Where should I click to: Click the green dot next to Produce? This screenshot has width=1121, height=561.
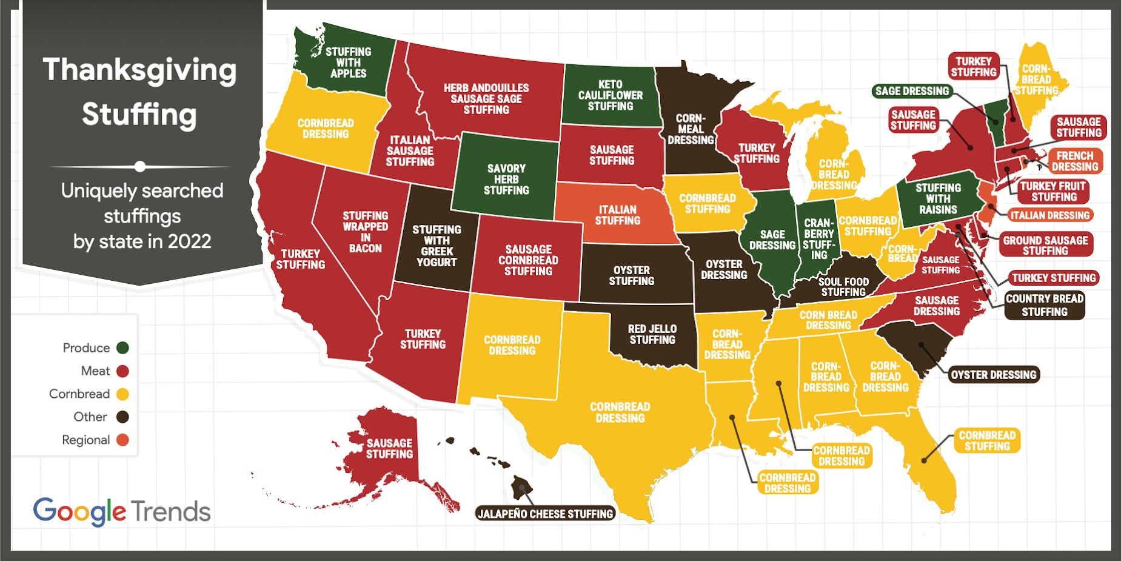(x=122, y=348)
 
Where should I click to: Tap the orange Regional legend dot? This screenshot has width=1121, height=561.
(x=122, y=440)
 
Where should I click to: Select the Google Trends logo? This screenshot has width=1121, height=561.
(x=122, y=512)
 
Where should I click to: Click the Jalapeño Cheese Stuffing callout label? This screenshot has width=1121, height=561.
(x=545, y=514)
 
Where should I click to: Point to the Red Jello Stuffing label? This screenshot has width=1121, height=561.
(x=652, y=334)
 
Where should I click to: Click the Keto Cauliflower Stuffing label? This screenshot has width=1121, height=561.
(x=611, y=95)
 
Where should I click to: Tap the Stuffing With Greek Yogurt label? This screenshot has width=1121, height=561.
(x=437, y=246)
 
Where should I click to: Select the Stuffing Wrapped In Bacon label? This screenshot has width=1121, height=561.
(x=365, y=232)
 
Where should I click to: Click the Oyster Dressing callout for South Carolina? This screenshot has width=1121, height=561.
(x=993, y=375)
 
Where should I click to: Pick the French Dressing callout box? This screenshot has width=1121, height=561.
(x=1075, y=161)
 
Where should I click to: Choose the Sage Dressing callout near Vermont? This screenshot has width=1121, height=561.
(x=912, y=91)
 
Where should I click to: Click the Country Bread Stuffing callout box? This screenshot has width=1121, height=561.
(x=1044, y=305)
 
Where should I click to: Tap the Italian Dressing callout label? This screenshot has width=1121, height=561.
(x=1049, y=215)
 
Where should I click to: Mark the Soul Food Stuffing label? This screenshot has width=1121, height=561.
(x=843, y=287)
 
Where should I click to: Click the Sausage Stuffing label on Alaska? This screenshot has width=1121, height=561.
(x=389, y=449)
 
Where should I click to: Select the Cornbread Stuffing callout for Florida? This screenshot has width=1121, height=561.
(x=987, y=441)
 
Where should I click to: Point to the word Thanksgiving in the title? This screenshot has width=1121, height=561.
(x=139, y=70)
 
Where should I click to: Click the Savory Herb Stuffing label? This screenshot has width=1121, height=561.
(x=506, y=180)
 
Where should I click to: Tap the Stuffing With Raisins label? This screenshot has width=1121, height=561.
(x=938, y=199)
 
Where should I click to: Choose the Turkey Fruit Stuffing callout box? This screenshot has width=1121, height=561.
(x=1054, y=192)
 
